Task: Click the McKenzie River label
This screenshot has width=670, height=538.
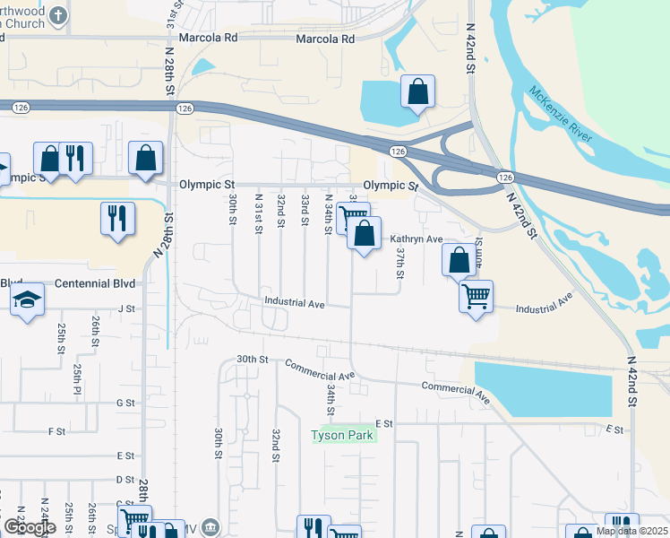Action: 561,113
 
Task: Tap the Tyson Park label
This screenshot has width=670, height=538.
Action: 344,436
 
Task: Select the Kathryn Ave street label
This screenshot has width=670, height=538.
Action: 417,239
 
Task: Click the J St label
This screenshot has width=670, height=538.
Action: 125,308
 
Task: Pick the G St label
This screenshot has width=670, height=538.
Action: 125,403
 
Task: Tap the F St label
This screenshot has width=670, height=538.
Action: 56,431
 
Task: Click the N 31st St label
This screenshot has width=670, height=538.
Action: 258,213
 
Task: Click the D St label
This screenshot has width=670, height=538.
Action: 125,481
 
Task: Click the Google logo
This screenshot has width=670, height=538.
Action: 29,527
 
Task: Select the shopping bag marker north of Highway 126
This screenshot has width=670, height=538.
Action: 417,92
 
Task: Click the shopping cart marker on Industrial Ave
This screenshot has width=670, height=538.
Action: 476,295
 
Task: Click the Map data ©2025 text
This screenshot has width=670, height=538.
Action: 631,531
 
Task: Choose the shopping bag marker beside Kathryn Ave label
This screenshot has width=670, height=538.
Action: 365,235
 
